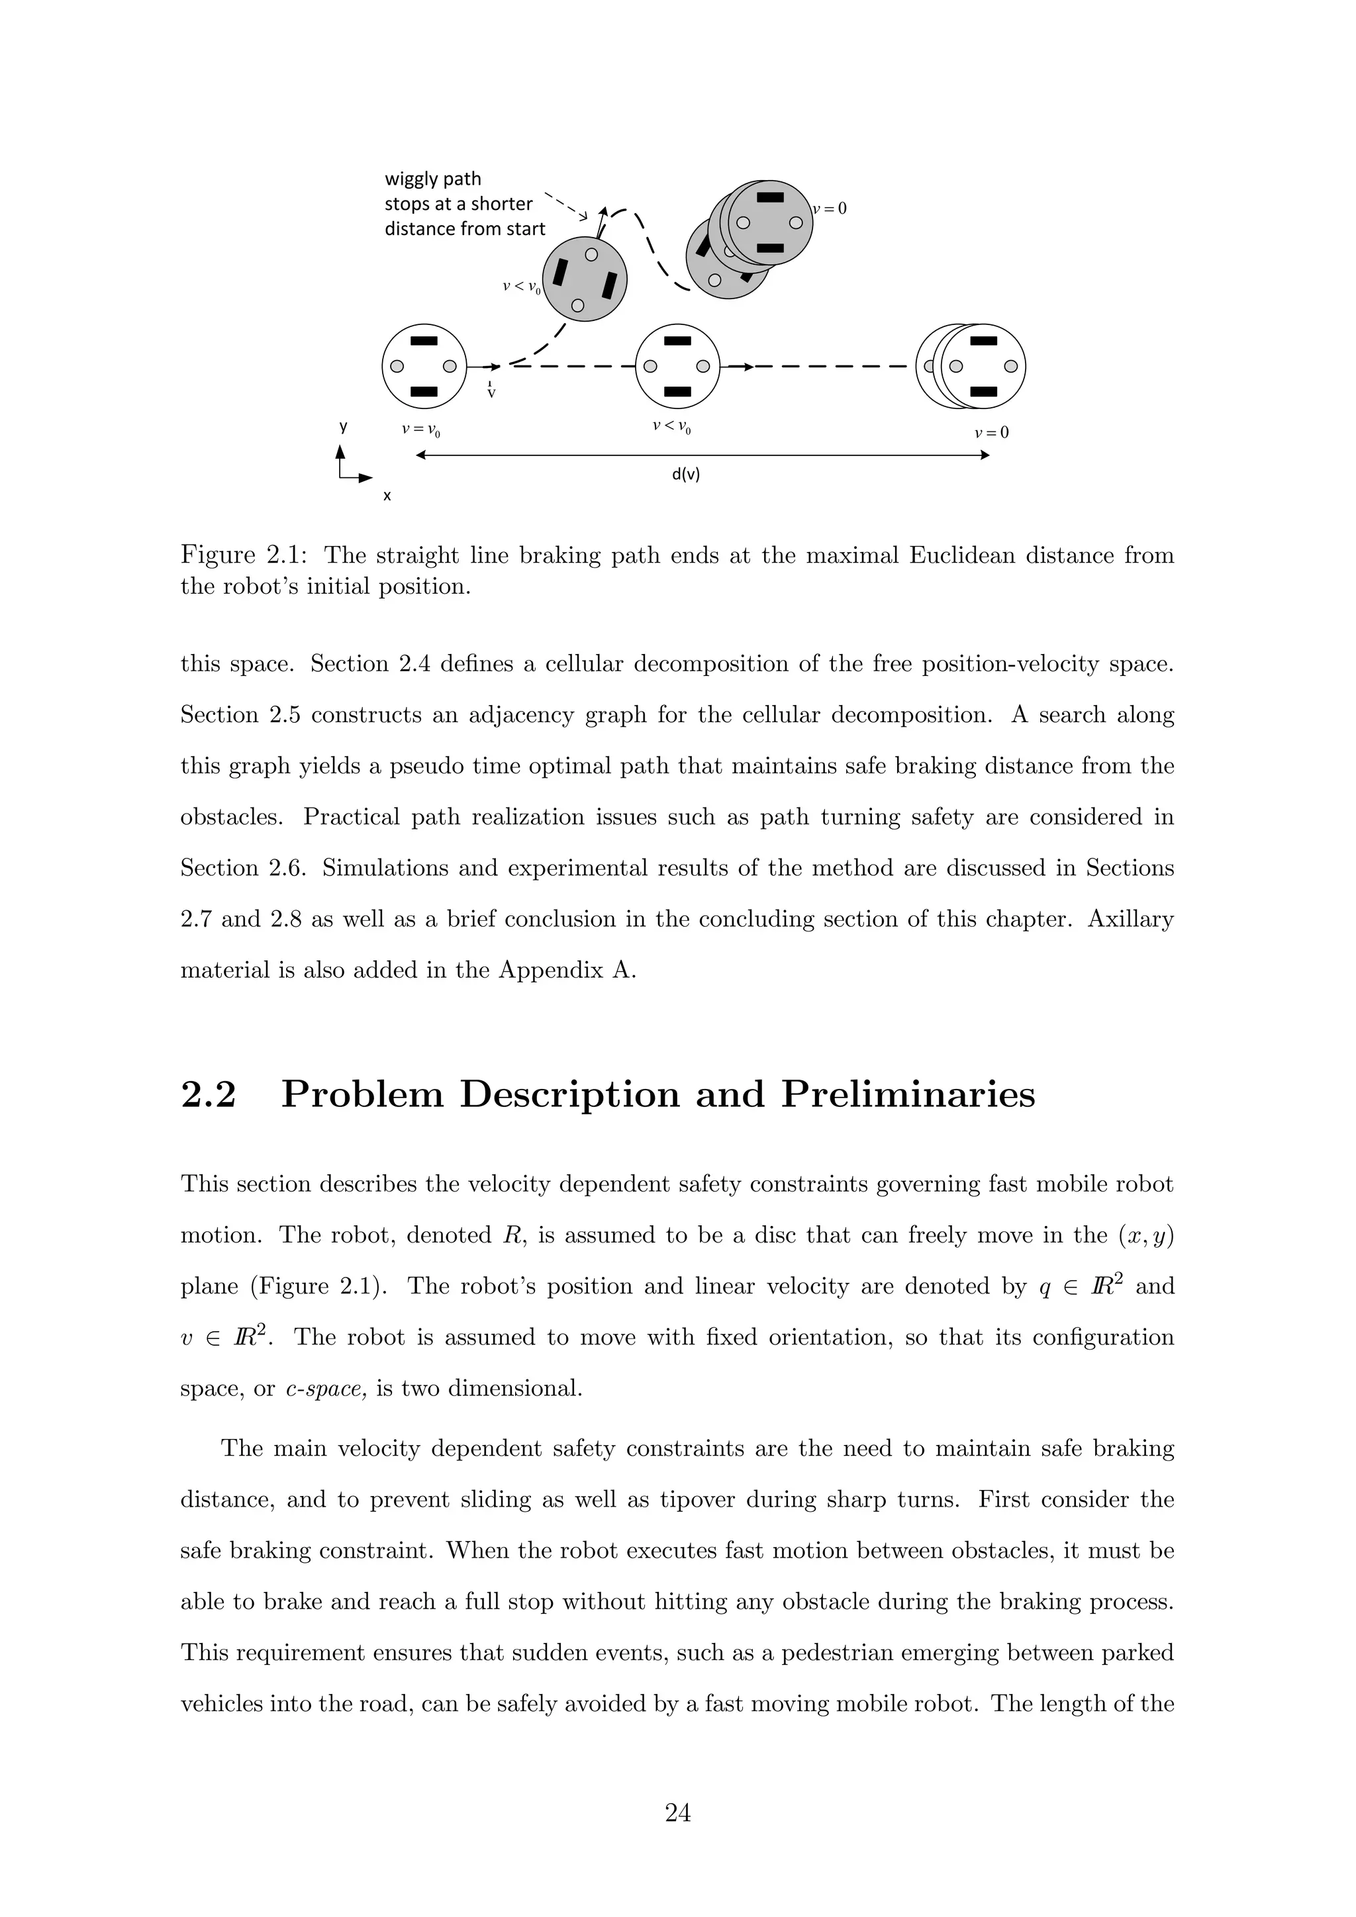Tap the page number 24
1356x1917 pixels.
tap(677, 1812)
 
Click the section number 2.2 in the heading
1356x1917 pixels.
tap(209, 1095)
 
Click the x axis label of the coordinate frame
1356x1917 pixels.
tap(387, 496)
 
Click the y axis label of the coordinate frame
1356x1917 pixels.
tap(342, 427)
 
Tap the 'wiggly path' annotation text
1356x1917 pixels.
tap(432, 179)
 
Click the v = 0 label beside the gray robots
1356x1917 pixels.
tap(830, 209)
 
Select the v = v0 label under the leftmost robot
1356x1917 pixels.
tap(421, 431)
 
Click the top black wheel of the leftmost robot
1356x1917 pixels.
tap(424, 341)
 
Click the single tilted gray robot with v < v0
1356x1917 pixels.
tap(585, 279)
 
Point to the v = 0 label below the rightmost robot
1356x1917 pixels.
tap(991, 432)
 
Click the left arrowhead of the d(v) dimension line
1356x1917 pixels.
tap(420, 455)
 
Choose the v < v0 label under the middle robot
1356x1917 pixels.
tap(671, 428)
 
